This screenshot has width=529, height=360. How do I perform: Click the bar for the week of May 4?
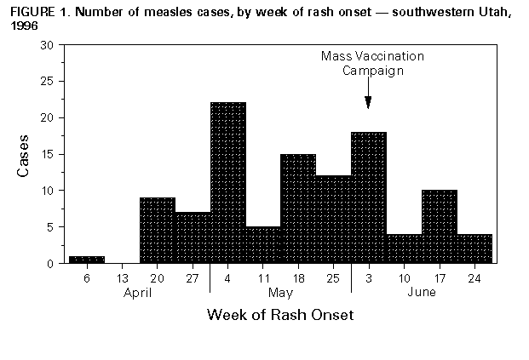click(228, 183)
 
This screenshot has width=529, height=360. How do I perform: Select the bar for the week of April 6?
click(87, 260)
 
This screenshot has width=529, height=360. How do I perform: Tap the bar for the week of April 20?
click(158, 230)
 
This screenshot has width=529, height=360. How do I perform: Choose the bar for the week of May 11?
click(263, 245)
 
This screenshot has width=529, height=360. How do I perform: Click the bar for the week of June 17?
click(440, 226)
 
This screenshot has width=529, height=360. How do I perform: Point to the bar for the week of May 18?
click(298, 209)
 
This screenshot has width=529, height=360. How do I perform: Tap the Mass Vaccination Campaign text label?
click(372, 64)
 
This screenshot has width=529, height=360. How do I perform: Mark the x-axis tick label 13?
click(122, 277)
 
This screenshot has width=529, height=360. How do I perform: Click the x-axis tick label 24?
click(474, 277)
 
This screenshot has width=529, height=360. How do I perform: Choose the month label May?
click(280, 292)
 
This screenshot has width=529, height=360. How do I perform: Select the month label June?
click(422, 292)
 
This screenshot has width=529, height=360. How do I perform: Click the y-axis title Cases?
click(24, 154)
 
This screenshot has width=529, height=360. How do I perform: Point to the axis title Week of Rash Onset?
click(280, 315)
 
